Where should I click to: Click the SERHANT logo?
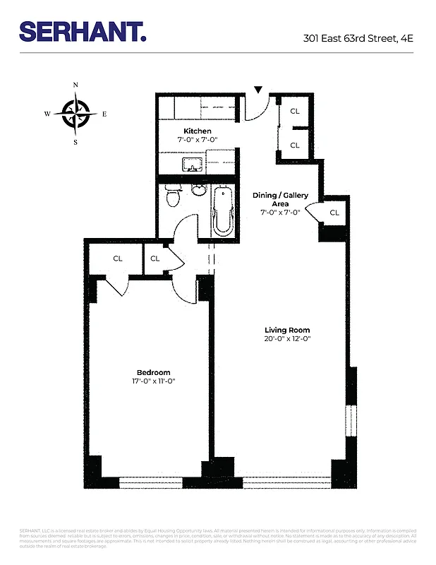pos(83,32)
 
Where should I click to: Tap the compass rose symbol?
pos(75,114)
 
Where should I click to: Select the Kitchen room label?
pos(197,131)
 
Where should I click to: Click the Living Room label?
pos(287,330)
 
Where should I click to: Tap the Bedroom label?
pos(153,372)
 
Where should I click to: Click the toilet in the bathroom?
pos(171,196)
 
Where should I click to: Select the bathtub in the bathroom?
pos(223,210)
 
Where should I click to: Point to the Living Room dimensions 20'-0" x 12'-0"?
pos(287,339)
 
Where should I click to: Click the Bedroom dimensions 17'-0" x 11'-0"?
pos(153,381)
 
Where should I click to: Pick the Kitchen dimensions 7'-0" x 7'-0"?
pos(197,141)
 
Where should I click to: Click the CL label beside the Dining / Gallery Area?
pos(334,213)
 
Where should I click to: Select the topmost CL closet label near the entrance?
pos(295,111)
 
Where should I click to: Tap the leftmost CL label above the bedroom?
pos(117,258)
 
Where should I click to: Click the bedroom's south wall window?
pos(150,483)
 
